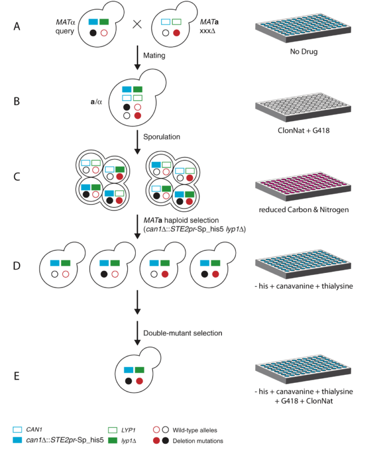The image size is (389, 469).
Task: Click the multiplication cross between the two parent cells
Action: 136,26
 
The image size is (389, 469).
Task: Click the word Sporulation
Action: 162,137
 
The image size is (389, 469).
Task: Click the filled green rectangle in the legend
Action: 113,440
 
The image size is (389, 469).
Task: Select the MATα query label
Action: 67,26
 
